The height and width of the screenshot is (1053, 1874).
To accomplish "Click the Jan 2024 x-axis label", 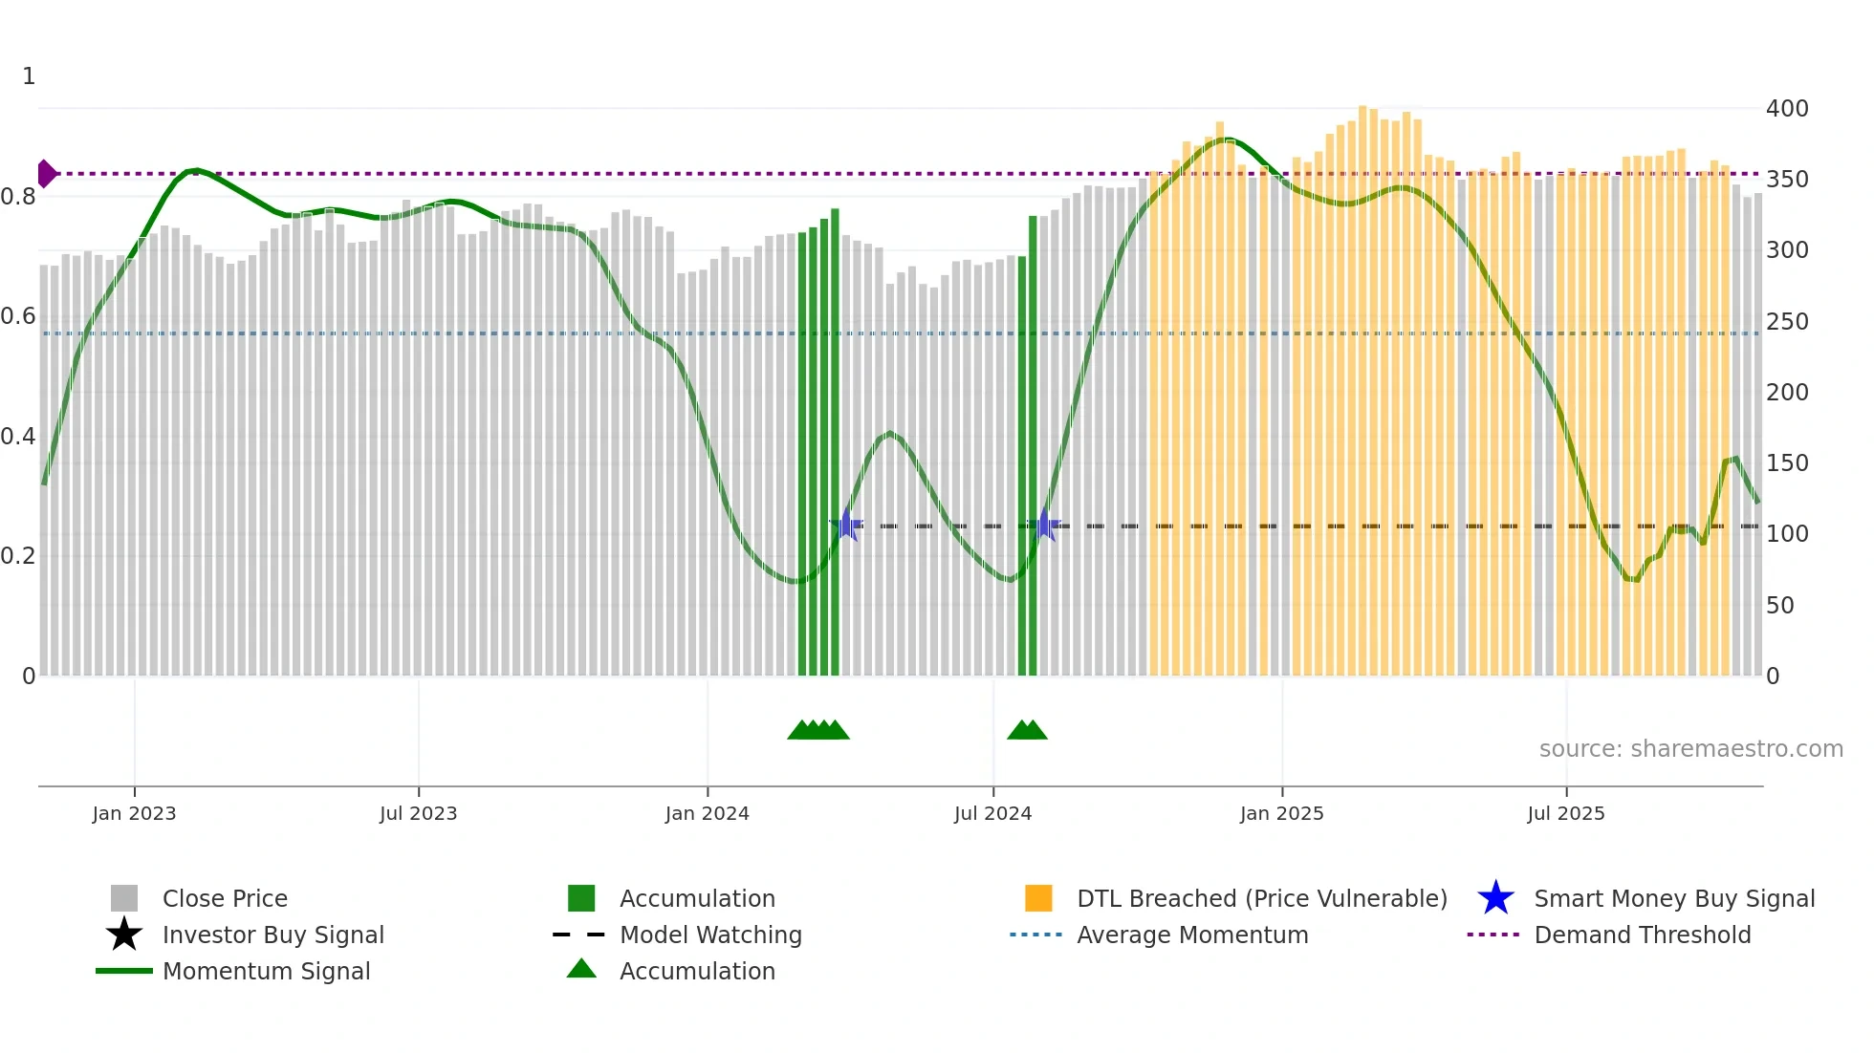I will coord(707,813).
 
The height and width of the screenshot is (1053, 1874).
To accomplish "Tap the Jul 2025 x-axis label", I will coord(1565,813).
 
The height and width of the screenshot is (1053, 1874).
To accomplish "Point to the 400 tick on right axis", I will coord(1786,109).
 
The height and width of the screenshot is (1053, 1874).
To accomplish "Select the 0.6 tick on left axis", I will coord(18,316).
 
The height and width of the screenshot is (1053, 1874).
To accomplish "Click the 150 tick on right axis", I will coord(1786,463).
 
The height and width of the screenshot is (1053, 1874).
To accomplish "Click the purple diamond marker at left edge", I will coord(46,174).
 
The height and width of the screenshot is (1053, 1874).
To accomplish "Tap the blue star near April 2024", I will coord(846,525).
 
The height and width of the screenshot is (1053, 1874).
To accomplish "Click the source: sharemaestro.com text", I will coord(1690,749).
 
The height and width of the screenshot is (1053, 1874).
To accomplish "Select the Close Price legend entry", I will coord(224,898).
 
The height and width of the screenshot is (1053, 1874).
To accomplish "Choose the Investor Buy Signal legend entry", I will coord(272,935).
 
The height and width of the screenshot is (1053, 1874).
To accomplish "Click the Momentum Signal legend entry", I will coord(266,971).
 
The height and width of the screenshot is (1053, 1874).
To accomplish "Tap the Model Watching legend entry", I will coord(709,935).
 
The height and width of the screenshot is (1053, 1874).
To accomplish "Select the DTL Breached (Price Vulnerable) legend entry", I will coord(1261,898).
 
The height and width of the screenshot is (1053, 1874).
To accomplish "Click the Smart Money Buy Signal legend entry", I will coord(1673,898).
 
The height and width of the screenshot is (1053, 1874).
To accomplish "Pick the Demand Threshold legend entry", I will coord(1642,935).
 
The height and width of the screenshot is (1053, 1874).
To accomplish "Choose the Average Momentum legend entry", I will coord(1191,935).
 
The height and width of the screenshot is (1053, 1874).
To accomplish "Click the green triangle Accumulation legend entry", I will coord(696,971).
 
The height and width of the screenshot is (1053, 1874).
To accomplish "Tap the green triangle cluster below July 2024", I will coord(1027,730).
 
